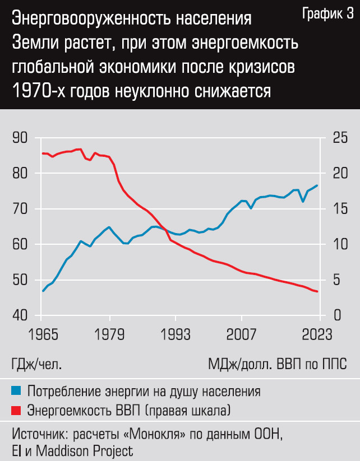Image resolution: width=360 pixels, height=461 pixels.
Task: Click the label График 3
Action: (327, 15)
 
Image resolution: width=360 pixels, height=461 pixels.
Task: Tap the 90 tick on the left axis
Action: (19, 138)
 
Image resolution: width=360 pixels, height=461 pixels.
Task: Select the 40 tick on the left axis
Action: (19, 315)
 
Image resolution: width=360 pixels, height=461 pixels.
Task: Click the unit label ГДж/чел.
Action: (36, 364)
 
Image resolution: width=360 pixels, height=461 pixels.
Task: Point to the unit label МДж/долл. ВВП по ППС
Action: (278, 364)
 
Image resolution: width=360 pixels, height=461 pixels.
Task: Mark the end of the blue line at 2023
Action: (318, 185)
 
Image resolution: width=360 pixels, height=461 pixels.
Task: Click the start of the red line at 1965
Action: (43, 153)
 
